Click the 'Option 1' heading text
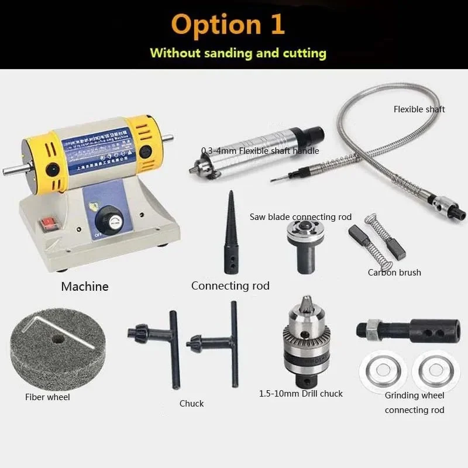click(x=229, y=25)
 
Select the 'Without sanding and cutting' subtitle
click(x=238, y=53)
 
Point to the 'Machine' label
click(x=85, y=287)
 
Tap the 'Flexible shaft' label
click(x=419, y=109)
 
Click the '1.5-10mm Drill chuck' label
click(x=301, y=394)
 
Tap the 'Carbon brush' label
click(x=394, y=272)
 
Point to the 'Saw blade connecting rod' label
click(x=301, y=217)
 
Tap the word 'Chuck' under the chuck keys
click(x=192, y=404)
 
